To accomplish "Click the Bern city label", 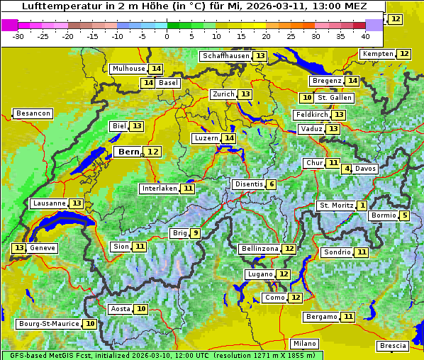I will click(x=129, y=152).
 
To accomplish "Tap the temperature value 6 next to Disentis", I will click(x=272, y=184).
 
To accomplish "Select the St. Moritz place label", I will click(x=336, y=206).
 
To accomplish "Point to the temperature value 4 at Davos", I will click(x=347, y=169).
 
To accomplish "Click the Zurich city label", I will click(x=223, y=94).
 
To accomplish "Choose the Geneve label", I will click(x=43, y=248).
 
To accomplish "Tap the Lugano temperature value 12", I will click(x=284, y=274).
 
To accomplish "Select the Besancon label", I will click(x=33, y=113).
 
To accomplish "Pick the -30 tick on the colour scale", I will click(x=18, y=35).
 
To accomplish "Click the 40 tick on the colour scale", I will click(x=365, y=35).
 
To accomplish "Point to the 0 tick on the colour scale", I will click(x=167, y=35).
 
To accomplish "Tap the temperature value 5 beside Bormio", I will click(x=404, y=215).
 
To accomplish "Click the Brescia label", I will click(x=393, y=345).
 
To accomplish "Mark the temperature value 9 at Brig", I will click(x=195, y=233).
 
